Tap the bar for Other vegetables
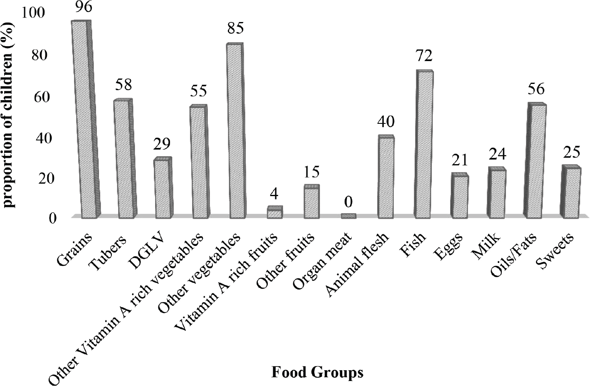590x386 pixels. point(236,130)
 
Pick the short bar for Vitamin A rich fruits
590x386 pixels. point(275,212)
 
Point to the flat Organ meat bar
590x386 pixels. point(348,216)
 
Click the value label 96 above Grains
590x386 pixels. point(83,7)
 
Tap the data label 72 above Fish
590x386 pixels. point(424,56)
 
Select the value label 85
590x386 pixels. point(236,28)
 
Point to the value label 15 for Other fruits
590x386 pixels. point(311,172)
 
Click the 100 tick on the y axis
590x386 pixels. point(33,12)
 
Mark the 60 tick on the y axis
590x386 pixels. point(42,97)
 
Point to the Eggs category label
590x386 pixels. point(448,247)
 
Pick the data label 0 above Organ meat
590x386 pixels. point(348,202)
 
